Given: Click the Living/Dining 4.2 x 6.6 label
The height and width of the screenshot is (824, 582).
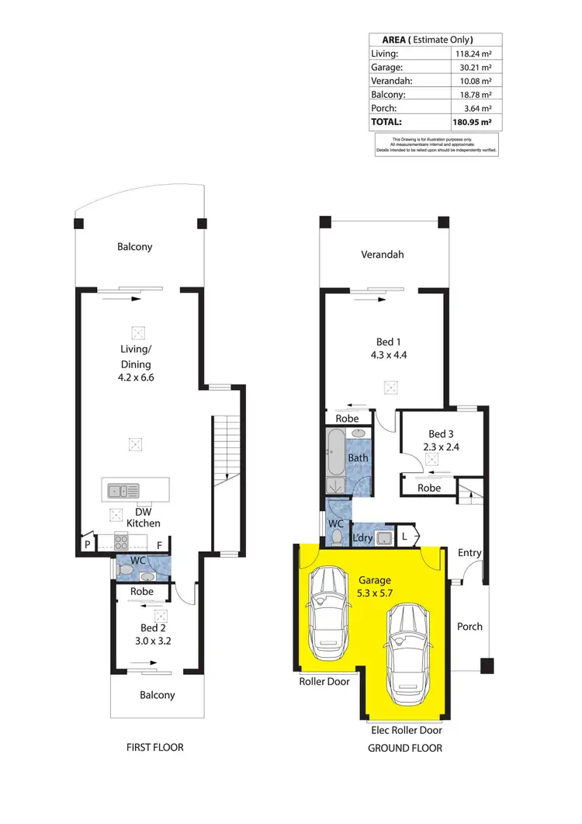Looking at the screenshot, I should tap(135, 371).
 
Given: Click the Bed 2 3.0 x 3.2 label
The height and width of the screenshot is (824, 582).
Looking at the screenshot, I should tap(153, 634).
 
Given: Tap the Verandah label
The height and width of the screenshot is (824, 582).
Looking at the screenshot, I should tap(383, 254).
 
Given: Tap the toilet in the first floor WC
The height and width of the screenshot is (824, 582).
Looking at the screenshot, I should tap(126, 569).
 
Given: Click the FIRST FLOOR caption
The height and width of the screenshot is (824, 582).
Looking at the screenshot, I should tap(154, 748).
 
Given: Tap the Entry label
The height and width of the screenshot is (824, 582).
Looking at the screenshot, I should tap(469, 553).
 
